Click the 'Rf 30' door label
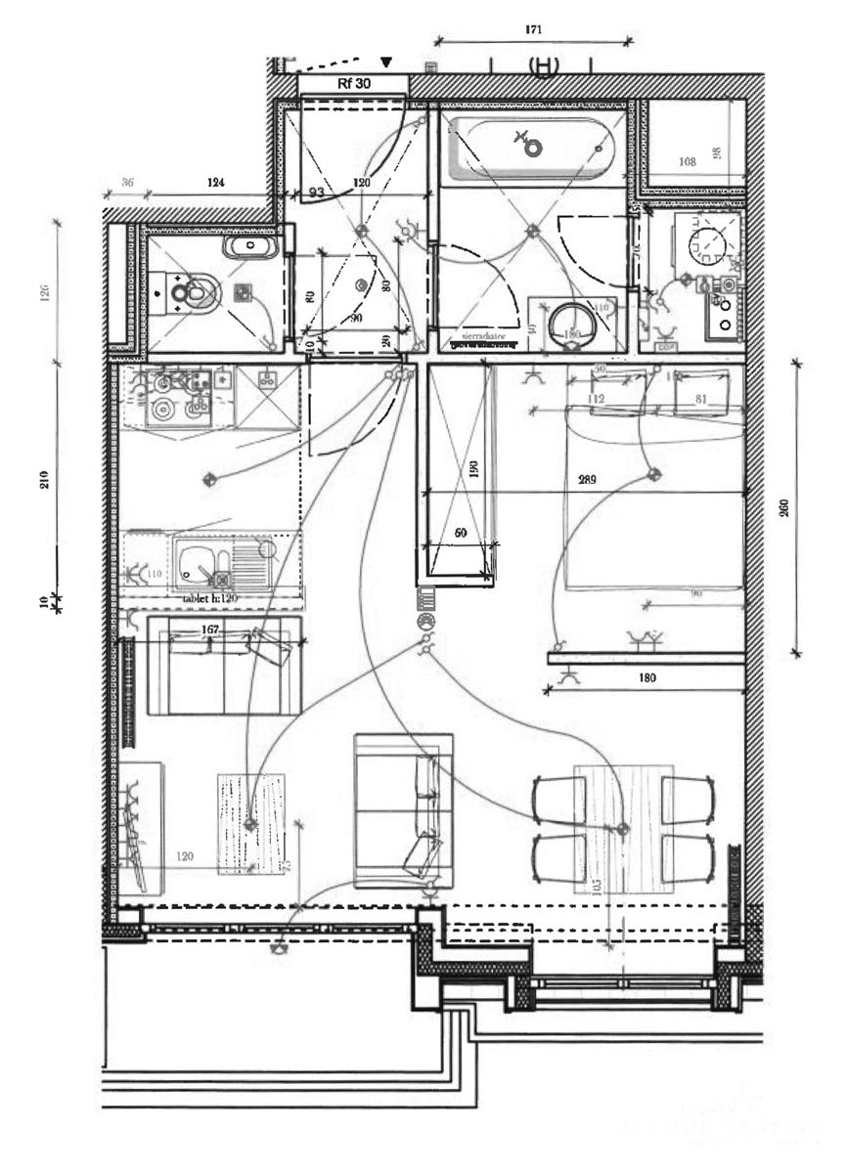[353, 84]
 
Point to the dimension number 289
[587, 480]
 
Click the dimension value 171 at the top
[534, 30]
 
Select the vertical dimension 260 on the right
[784, 510]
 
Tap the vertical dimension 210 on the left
[46, 478]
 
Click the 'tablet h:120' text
[210, 597]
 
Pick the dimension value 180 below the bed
[647, 676]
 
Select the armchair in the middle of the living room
[403, 810]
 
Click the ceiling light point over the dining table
[620, 829]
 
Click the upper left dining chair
[558, 800]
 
